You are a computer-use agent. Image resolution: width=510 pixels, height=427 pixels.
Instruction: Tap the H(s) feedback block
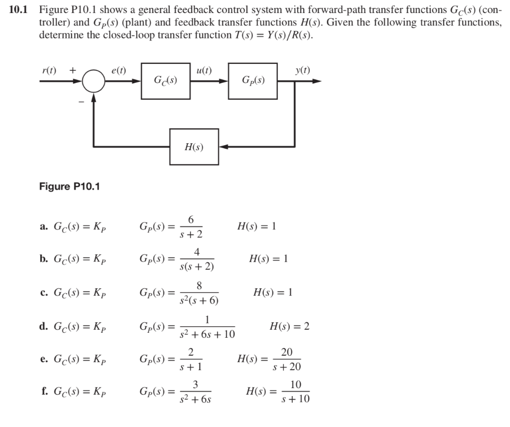point(194,147)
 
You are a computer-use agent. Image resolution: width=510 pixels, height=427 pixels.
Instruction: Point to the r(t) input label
point(49,70)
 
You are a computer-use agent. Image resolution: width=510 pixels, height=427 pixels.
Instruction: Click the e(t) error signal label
point(118,70)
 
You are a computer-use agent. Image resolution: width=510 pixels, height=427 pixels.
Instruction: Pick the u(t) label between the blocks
point(205,70)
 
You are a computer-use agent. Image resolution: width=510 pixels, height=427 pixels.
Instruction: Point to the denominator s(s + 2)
point(197,266)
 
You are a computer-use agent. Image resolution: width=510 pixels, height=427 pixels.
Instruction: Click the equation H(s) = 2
point(289,327)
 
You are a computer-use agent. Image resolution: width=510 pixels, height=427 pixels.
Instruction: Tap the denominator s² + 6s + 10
point(207,334)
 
